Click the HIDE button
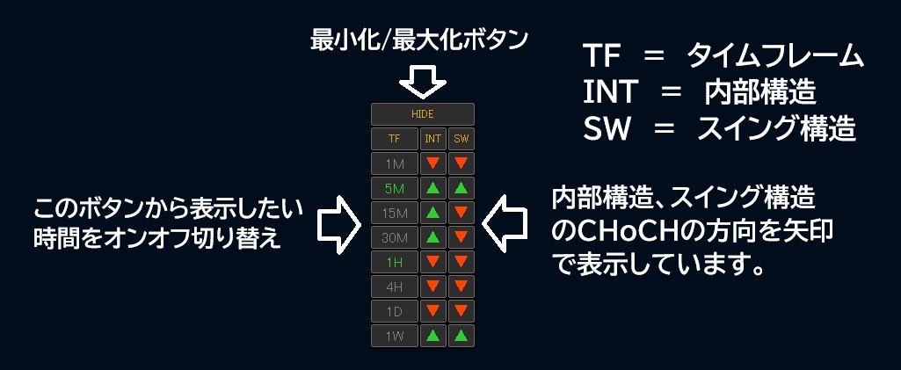(422, 114)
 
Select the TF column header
(394, 139)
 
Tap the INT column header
(432, 139)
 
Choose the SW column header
(461, 139)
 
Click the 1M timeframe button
(394, 163)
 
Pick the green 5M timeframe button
(394, 188)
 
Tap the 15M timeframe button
(394, 214)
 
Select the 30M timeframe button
(394, 237)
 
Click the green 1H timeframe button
(394, 262)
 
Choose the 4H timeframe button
(394, 287)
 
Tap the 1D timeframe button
(394, 311)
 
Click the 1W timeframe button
(394, 336)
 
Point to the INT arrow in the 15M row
(432, 213)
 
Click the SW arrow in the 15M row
(461, 213)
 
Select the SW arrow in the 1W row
(461, 336)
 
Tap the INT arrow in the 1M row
(432, 163)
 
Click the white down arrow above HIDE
(423, 81)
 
